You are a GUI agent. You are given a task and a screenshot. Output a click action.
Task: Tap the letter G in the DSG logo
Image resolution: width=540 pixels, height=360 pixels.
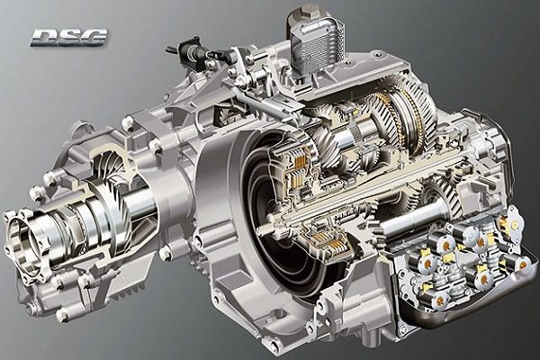pyautogui.click(x=93, y=37)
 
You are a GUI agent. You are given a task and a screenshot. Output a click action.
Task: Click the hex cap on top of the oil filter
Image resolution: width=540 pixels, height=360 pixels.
pyautogui.click(x=305, y=13)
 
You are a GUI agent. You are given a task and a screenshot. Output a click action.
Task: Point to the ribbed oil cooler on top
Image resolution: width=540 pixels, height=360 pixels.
pyautogui.click(x=316, y=44)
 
